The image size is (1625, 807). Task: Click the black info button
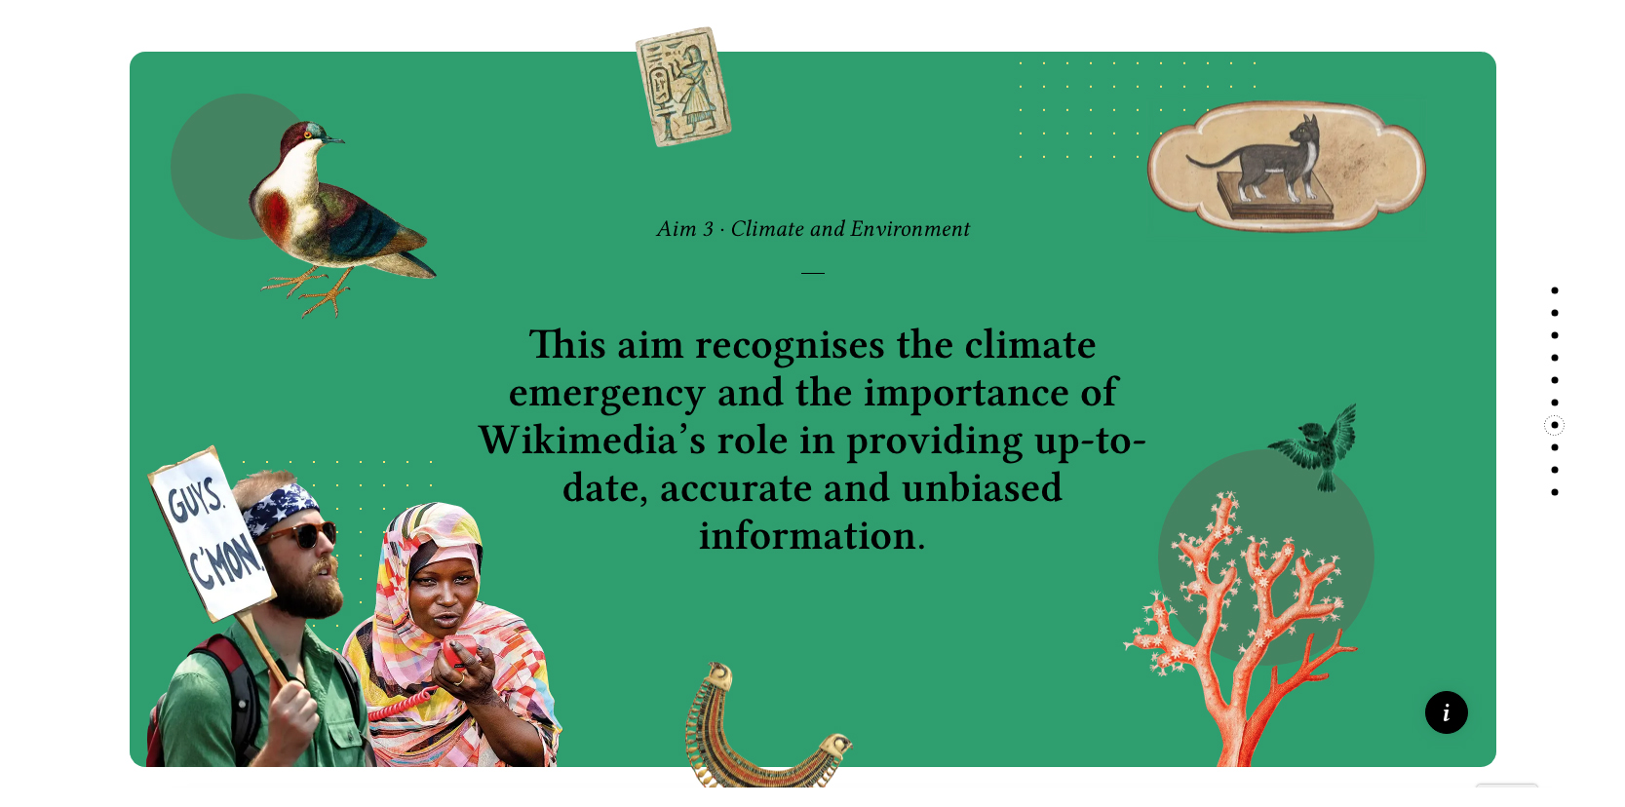(1446, 712)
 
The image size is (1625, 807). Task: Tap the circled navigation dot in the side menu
(1554, 425)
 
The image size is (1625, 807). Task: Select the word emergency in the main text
(606, 393)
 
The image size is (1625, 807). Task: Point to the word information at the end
(812, 536)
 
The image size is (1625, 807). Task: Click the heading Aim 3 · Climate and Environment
(813, 229)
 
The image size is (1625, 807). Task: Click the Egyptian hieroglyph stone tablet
(682, 87)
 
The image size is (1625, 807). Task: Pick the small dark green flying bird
(1314, 447)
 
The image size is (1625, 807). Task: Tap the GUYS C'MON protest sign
(212, 534)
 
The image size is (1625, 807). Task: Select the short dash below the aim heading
(813, 273)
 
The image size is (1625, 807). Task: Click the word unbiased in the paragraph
(982, 487)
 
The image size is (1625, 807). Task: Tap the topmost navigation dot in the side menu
(1555, 290)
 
